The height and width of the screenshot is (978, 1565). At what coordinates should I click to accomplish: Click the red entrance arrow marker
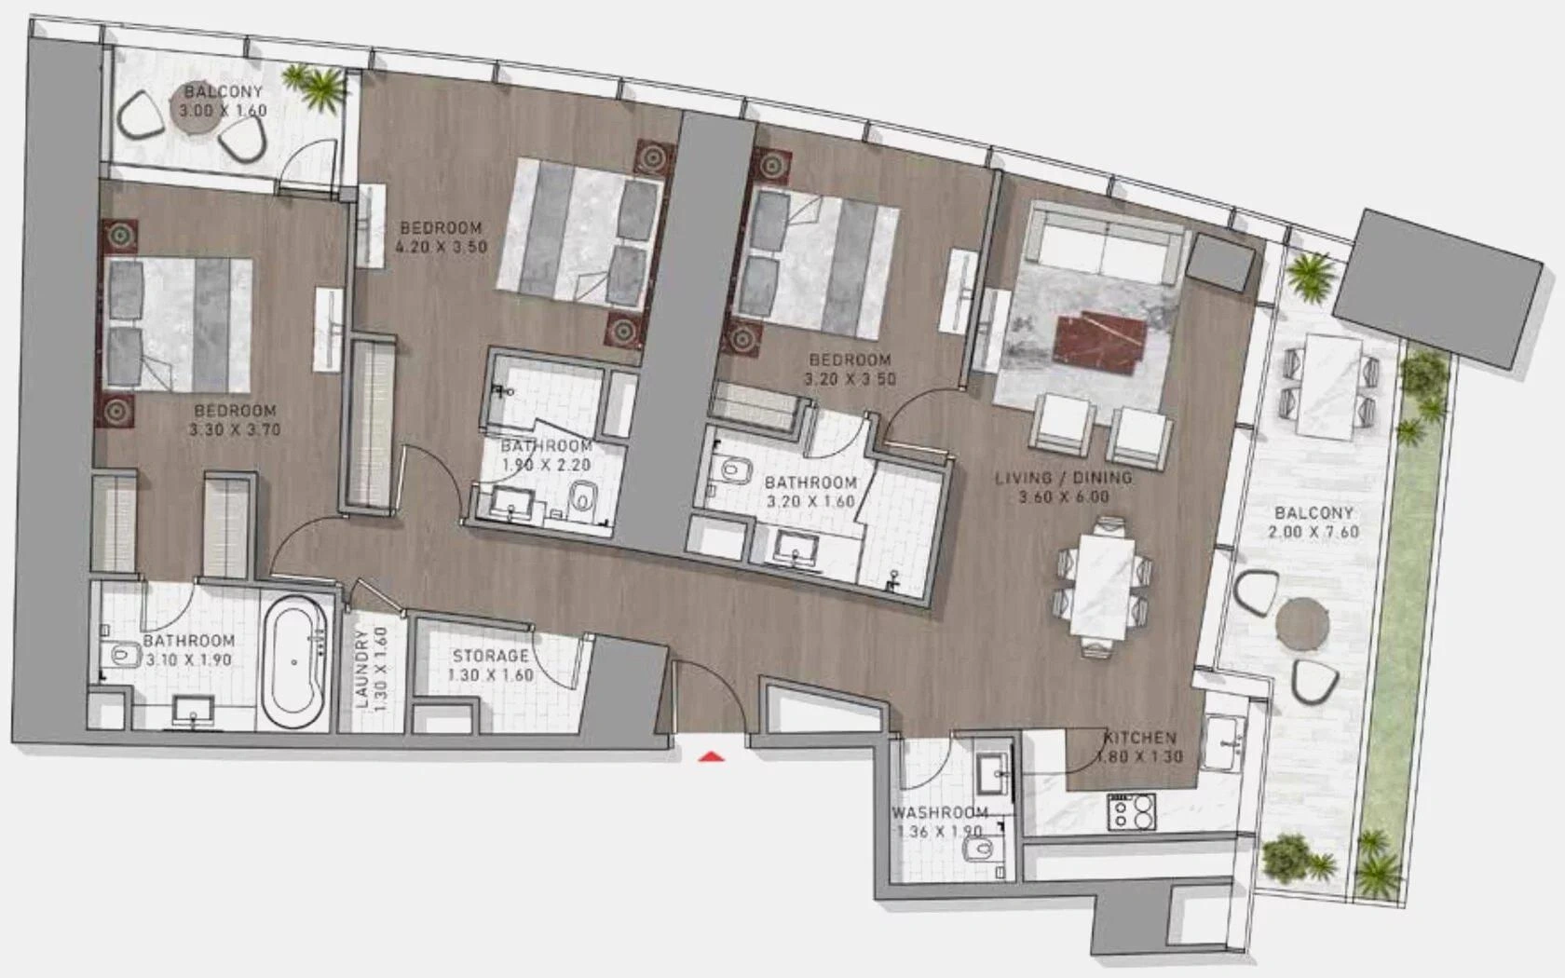pyautogui.click(x=712, y=755)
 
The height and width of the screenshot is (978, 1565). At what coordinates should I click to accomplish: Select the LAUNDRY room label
pyautogui.click(x=361, y=670)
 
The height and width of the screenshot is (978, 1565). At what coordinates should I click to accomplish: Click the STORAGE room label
pyautogui.click(x=490, y=656)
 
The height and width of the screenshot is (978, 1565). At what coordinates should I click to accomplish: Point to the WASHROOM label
pyautogui.click(x=940, y=813)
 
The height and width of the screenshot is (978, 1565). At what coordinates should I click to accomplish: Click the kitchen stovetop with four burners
pyautogui.click(x=1132, y=812)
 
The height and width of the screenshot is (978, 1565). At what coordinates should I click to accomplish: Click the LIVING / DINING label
pyautogui.click(x=1064, y=478)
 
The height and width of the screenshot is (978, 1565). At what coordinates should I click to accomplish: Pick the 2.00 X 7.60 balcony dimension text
pyautogui.click(x=1314, y=533)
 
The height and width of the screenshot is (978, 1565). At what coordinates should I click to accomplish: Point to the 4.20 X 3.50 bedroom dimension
pyautogui.click(x=441, y=248)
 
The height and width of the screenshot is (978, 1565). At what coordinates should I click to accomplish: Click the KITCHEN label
pyautogui.click(x=1140, y=738)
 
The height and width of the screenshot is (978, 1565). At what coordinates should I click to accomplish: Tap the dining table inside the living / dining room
pyautogui.click(x=1103, y=587)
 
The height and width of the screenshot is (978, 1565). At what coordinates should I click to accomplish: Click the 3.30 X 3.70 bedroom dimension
pyautogui.click(x=235, y=429)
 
